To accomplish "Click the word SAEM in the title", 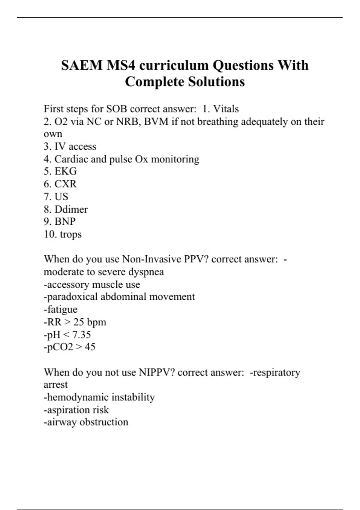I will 82,65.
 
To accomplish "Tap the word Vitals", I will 226,109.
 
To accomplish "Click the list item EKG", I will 65,171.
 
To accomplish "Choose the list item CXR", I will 65,184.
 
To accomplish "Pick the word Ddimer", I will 71,209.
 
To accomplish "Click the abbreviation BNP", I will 65,221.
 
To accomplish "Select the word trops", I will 71,234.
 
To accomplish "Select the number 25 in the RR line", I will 79,322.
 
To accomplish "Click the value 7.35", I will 81,334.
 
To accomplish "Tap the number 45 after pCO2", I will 90,347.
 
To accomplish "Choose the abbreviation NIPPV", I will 154,372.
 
